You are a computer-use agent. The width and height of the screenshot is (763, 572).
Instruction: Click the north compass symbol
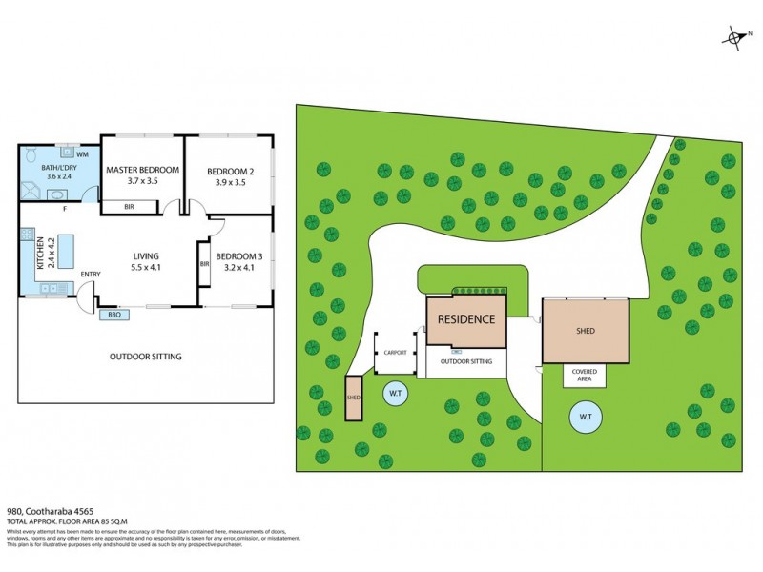coord(736,38)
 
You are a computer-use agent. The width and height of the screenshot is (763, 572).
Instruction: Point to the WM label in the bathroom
coord(82,154)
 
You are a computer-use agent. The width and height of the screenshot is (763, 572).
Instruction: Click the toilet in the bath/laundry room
coord(31,154)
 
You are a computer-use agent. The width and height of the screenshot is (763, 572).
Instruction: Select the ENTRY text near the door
coord(91,275)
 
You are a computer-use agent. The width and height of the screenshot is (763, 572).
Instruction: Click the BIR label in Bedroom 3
coord(204,263)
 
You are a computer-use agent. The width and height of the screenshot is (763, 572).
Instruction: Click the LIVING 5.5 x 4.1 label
coord(146,262)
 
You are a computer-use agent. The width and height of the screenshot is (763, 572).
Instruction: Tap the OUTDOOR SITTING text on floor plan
coord(145,357)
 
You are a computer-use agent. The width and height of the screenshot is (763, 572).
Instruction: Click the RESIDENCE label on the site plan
coord(466,319)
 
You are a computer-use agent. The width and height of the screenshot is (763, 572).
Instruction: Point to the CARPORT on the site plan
coord(395,352)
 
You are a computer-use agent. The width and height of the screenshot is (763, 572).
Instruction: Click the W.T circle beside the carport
coord(394,392)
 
